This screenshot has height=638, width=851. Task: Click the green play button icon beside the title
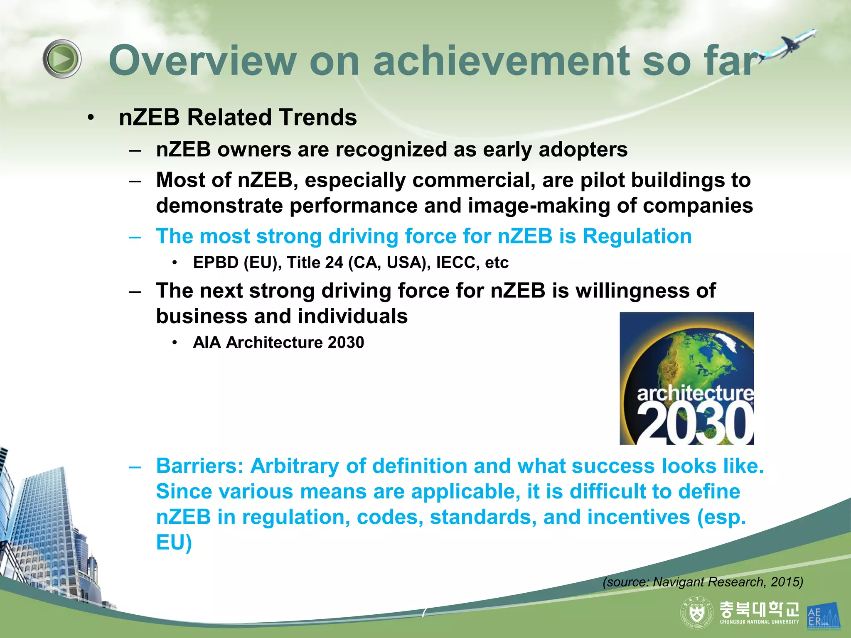(x=62, y=59)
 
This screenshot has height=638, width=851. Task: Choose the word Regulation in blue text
(x=637, y=236)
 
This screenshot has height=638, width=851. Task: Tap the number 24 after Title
(x=334, y=263)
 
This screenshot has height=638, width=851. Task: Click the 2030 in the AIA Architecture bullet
(x=346, y=343)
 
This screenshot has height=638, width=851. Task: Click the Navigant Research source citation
(x=703, y=582)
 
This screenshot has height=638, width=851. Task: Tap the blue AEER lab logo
(x=823, y=616)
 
